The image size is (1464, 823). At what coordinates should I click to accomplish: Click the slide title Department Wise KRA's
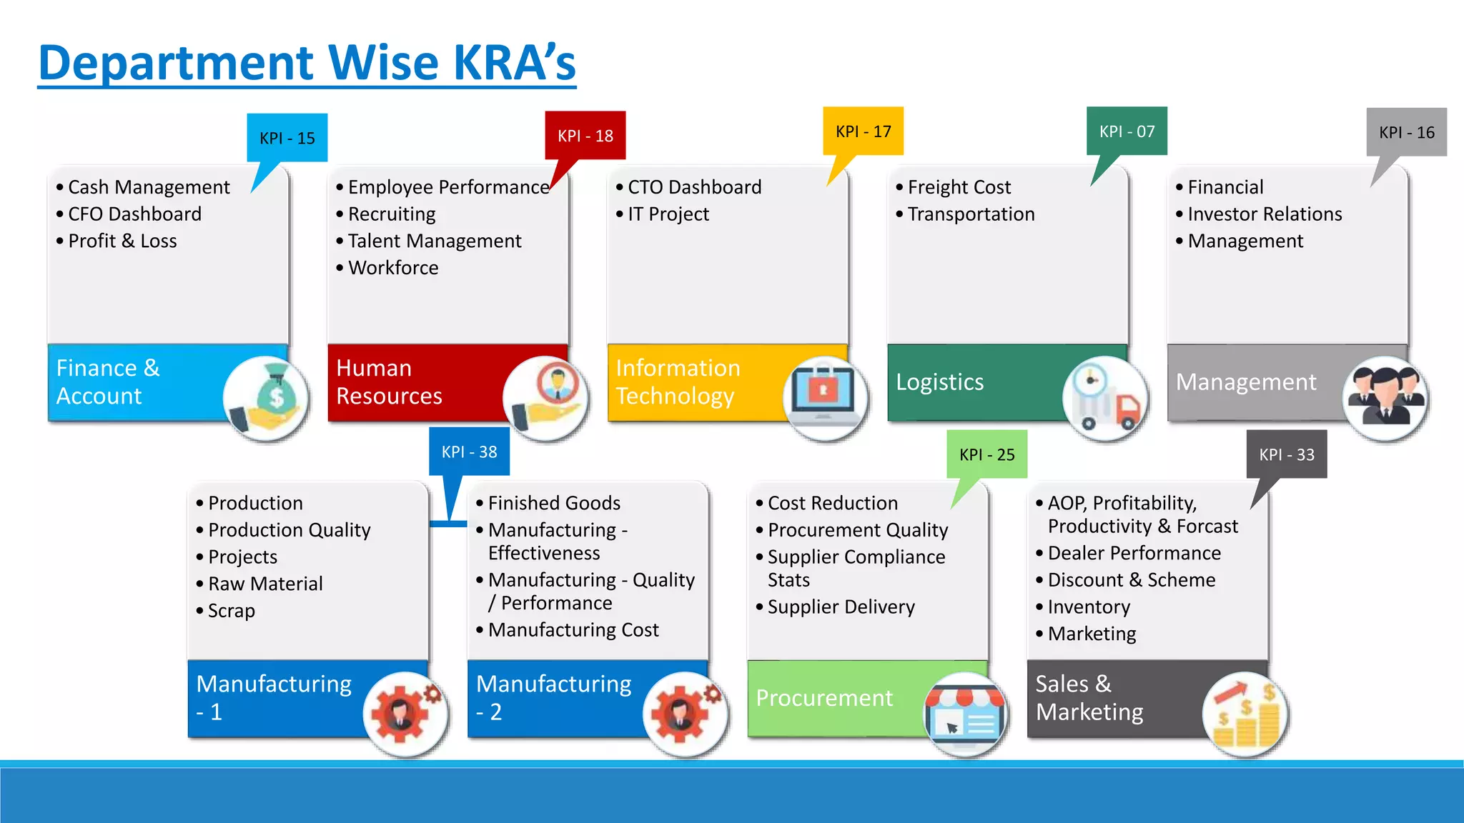[307, 63]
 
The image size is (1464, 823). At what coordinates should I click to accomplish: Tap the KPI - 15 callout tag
[287, 138]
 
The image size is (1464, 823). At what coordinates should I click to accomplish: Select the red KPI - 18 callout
[585, 136]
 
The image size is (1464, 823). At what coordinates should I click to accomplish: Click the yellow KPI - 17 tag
[863, 131]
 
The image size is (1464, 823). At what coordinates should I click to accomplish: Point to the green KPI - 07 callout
[1127, 131]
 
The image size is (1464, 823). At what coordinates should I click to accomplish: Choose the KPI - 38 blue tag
[469, 452]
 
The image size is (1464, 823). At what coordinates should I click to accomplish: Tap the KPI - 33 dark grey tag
[1286, 454]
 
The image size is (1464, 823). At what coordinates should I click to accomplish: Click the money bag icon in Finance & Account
[266, 397]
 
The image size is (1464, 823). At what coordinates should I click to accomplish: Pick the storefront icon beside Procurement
[965, 714]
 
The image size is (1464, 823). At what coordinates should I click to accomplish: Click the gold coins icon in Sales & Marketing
[1245, 714]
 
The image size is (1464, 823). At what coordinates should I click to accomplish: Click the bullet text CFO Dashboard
[134, 214]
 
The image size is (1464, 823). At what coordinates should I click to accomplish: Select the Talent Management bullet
[435, 241]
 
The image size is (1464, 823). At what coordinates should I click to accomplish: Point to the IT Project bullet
[668, 214]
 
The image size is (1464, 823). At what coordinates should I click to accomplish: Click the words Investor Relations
[1264, 214]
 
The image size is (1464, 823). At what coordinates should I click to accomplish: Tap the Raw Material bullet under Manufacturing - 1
[265, 584]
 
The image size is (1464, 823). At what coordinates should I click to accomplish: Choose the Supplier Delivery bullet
[841, 607]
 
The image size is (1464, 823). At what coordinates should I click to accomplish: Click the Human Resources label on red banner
[389, 382]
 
